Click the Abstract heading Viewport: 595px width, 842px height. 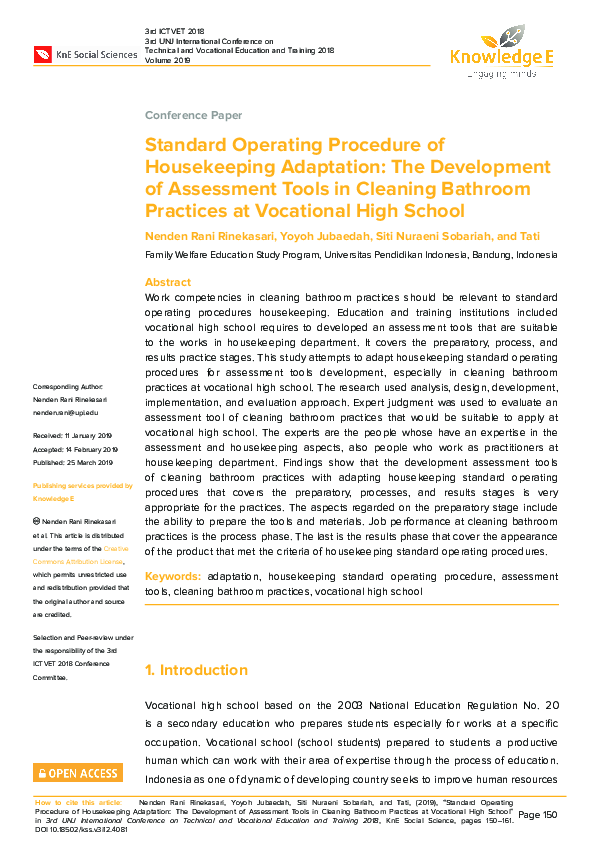pyautogui.click(x=168, y=283)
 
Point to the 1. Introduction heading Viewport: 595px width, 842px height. pyautogui.click(x=196, y=670)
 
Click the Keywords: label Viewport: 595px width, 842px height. pyautogui.click(x=173, y=577)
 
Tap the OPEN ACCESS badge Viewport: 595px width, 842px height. pyautogui.click(x=78, y=773)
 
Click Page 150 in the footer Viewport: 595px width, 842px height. pyautogui.click(x=537, y=815)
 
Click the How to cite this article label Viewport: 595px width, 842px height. pyautogui.click(x=77, y=802)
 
